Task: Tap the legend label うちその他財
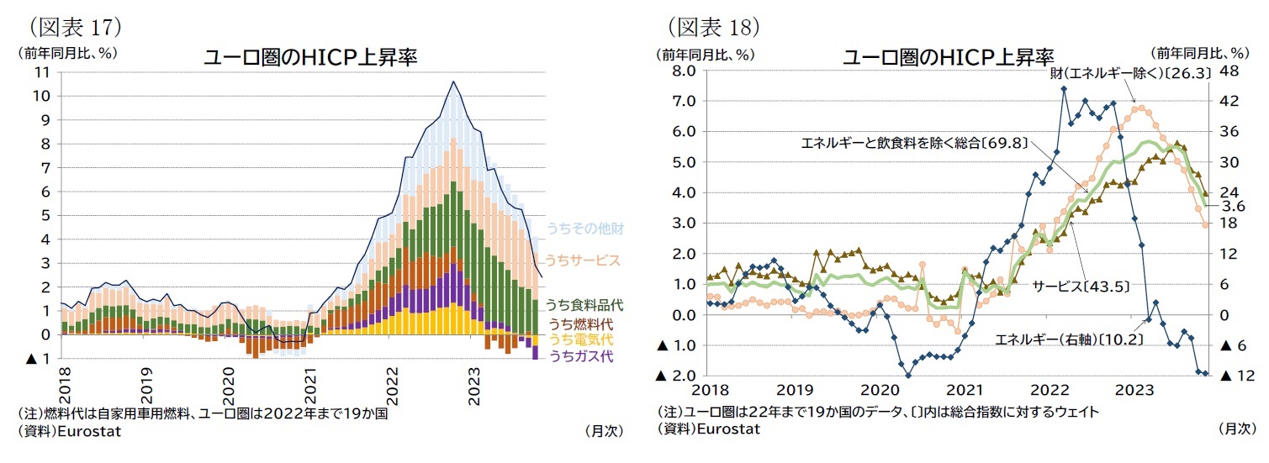point(584,229)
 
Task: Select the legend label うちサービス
point(582,260)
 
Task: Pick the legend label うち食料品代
point(584,305)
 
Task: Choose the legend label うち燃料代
point(581,324)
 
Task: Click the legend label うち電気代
point(581,340)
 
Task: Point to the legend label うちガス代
point(581,356)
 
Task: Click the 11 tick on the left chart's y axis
point(43,72)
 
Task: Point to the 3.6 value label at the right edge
point(1233,206)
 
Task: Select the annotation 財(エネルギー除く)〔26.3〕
point(1131,73)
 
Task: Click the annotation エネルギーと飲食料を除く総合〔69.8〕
point(915,143)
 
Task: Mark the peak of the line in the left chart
point(453,82)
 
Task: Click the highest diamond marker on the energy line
point(1064,88)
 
